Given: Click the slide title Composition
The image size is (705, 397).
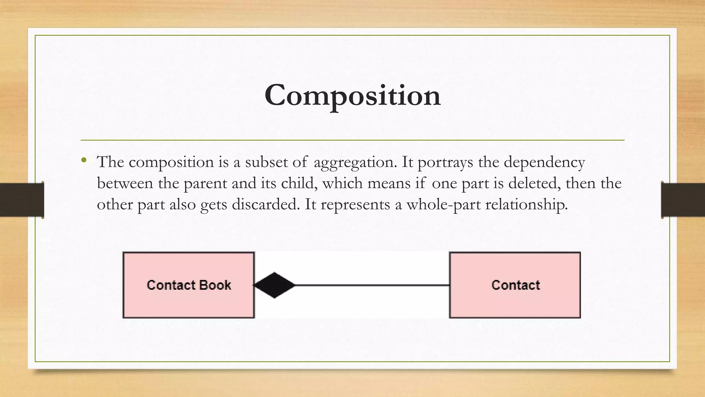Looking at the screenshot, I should pos(352,95).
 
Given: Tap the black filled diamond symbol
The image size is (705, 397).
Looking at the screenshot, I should pos(274,285).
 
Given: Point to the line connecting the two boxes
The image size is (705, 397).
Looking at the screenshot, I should pos(372,285).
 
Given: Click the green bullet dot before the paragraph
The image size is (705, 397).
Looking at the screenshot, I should pos(84,160).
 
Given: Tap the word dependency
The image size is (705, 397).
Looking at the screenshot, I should pos(544,162).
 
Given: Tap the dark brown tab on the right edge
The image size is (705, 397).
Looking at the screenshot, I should pos(683,200).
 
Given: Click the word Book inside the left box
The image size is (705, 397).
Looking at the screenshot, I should pos(215,285).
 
